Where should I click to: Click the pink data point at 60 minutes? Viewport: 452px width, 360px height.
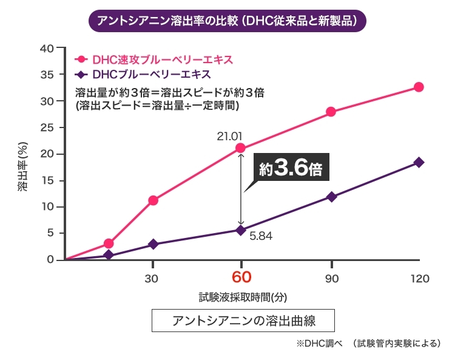[241, 148]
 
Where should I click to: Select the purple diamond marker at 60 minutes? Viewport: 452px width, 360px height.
[241, 230]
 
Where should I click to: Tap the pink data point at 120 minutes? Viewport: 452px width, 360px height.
[419, 87]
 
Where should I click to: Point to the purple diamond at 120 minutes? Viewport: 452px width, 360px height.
[419, 162]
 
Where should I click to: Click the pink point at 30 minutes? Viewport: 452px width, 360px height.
[153, 200]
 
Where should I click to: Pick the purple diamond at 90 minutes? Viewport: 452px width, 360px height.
[331, 197]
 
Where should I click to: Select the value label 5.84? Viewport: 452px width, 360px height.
[260, 236]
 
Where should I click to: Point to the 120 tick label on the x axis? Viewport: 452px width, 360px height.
[419, 279]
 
